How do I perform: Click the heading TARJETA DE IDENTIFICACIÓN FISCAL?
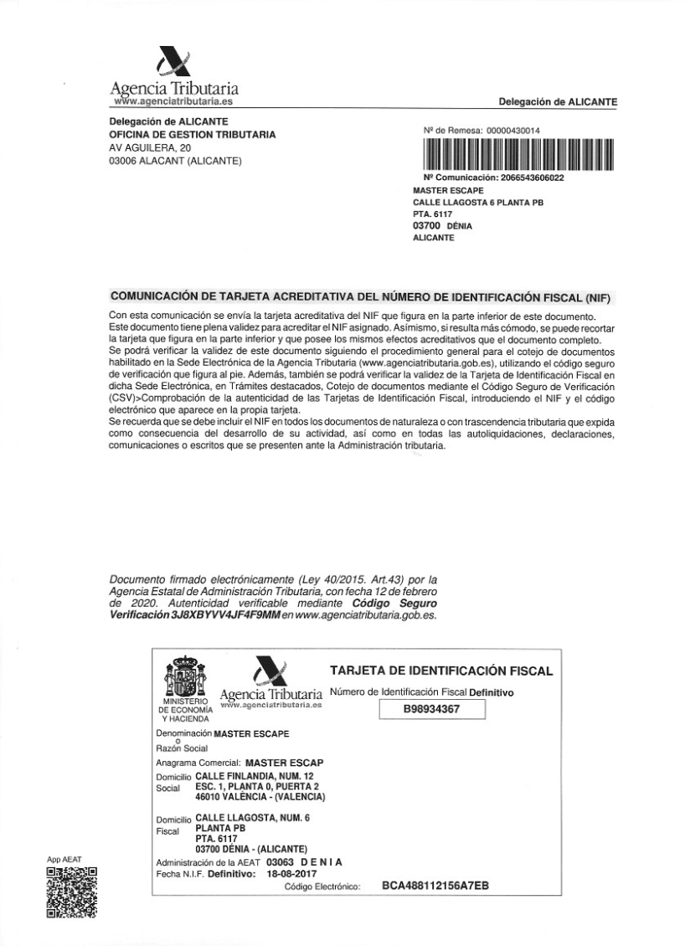[441, 671]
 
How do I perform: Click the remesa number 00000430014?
[511, 131]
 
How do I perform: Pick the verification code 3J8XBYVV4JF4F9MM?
[225, 615]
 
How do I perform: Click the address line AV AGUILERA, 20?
[147, 148]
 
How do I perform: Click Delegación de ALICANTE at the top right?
[558, 102]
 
